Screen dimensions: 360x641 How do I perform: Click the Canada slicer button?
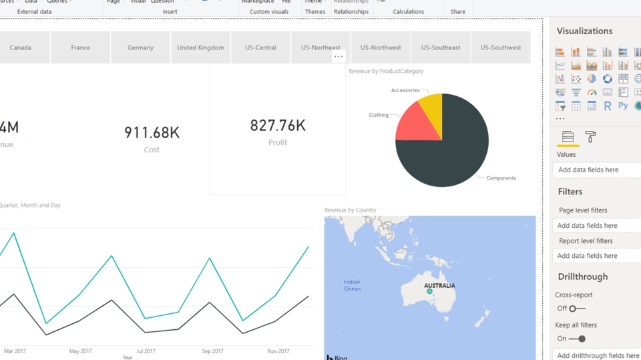[x=21, y=47]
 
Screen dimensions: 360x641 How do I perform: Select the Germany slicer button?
[x=140, y=47]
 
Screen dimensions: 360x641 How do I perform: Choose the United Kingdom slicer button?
[x=200, y=47]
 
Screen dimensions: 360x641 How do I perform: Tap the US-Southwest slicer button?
[x=501, y=47]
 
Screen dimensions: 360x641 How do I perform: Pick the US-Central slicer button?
[x=260, y=47]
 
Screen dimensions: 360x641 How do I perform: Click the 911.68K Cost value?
[x=152, y=132]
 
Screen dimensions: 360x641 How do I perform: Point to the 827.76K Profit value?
[x=278, y=125]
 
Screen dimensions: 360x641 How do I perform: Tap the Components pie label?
[x=501, y=178]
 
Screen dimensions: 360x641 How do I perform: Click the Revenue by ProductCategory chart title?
[x=386, y=71]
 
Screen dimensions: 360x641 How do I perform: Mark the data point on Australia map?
[x=430, y=292]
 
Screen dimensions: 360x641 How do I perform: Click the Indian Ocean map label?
[x=352, y=285]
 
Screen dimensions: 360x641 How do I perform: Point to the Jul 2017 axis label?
[x=146, y=351]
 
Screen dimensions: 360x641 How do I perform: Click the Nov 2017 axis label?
[x=278, y=351]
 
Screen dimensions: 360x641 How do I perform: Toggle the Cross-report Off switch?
[x=577, y=309]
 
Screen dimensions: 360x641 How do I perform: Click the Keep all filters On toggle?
[x=577, y=339]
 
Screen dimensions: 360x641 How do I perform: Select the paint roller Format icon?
[x=590, y=137]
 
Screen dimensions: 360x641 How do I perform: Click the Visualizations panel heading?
[x=584, y=31]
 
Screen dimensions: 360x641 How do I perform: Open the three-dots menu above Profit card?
[x=339, y=57]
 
